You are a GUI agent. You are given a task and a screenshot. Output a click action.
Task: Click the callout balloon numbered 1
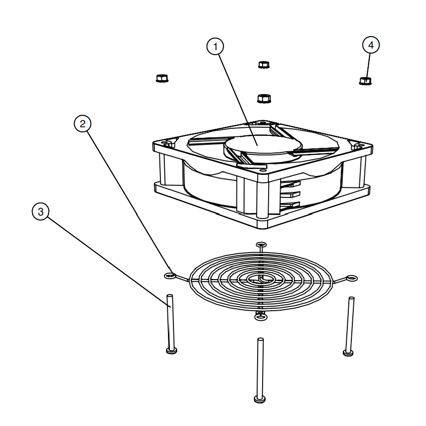point(215,47)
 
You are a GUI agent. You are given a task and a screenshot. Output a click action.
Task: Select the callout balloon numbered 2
point(83,124)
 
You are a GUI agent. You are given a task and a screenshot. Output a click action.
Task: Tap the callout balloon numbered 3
point(41,211)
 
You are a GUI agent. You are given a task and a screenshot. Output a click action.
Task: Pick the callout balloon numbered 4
point(371,45)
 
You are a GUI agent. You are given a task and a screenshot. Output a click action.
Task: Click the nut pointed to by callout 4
point(365,81)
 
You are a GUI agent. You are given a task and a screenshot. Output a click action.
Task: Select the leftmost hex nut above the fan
point(162,78)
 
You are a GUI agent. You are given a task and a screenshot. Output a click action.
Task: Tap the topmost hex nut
point(264,65)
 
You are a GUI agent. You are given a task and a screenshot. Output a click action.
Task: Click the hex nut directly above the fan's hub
point(264,98)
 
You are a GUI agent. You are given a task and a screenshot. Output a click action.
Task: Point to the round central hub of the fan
point(263,145)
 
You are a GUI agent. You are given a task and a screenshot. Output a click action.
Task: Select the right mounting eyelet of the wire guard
point(351,278)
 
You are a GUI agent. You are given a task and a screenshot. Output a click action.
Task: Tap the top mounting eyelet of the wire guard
point(261,245)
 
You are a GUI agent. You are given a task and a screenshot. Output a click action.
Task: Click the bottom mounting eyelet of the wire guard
point(261,317)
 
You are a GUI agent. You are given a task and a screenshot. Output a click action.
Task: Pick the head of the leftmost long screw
point(171,351)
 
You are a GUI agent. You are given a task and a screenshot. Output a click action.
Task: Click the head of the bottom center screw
point(260,399)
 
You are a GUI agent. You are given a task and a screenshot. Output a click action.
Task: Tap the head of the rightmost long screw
point(348,353)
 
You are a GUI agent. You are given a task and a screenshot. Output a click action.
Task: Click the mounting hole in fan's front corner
point(263,171)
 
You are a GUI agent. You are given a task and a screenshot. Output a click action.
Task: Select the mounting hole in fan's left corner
point(164,142)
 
